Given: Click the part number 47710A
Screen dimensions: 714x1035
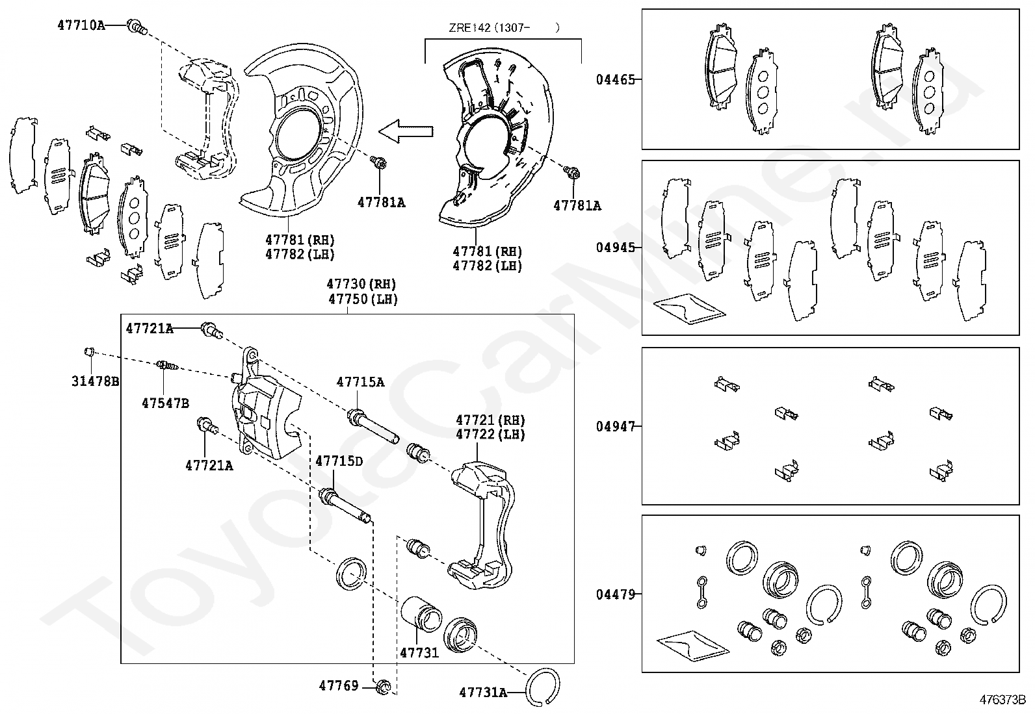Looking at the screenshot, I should (81, 25).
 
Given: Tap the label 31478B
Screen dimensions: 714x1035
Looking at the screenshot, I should (95, 381).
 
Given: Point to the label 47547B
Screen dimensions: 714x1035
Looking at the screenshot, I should (165, 403).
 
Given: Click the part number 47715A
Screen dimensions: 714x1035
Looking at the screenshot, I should (360, 382).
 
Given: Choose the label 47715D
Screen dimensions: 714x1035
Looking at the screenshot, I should (339, 461).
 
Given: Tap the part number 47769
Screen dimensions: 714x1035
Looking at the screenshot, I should (339, 685).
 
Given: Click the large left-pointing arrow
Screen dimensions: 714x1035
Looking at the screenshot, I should (406, 132).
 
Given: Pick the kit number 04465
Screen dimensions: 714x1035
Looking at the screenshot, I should (615, 80).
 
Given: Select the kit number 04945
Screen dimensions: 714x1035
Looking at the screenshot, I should (615, 248).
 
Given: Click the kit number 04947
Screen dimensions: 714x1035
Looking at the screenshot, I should (615, 426).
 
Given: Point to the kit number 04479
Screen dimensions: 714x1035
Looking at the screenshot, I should (615, 594).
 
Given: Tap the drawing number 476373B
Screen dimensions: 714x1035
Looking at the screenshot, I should (1002, 700).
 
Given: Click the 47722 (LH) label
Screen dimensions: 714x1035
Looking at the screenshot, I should (490, 435).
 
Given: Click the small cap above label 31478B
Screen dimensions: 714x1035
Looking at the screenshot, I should (91, 352).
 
